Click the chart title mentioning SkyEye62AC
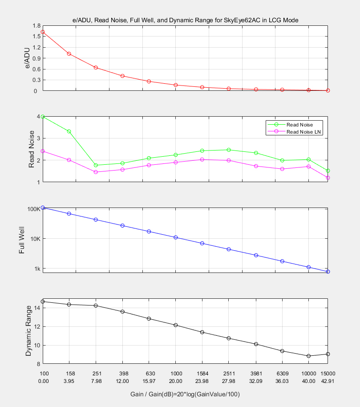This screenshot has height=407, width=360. pyautogui.click(x=185, y=20)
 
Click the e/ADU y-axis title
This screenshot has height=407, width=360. pyautogui.click(x=28, y=58)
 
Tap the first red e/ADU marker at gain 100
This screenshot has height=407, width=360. pyautogui.click(x=43, y=32)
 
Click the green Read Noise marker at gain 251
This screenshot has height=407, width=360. pyautogui.click(x=96, y=165)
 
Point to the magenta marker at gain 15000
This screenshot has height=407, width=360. pyautogui.click(x=328, y=178)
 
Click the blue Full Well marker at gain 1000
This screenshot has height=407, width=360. pyautogui.click(x=176, y=237)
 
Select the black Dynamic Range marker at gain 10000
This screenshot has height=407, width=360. pyautogui.click(x=308, y=356)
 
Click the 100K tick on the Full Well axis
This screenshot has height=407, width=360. pyautogui.click(x=34, y=209)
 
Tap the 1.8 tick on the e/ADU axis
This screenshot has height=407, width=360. pyautogui.click(x=35, y=26)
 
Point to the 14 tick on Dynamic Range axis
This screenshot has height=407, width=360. pyautogui.click(x=37, y=308)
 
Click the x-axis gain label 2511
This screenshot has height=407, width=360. pyautogui.click(x=229, y=373)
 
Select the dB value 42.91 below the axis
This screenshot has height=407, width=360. pyautogui.click(x=328, y=381)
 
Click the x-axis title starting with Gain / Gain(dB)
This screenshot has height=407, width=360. pyautogui.click(x=185, y=394)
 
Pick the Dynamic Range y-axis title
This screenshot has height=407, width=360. pyautogui.click(x=28, y=330)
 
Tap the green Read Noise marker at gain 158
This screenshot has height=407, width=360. pyautogui.click(x=69, y=131)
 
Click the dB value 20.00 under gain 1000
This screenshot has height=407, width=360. pyautogui.click(x=176, y=381)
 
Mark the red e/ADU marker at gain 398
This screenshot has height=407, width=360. pyautogui.click(x=122, y=76)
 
